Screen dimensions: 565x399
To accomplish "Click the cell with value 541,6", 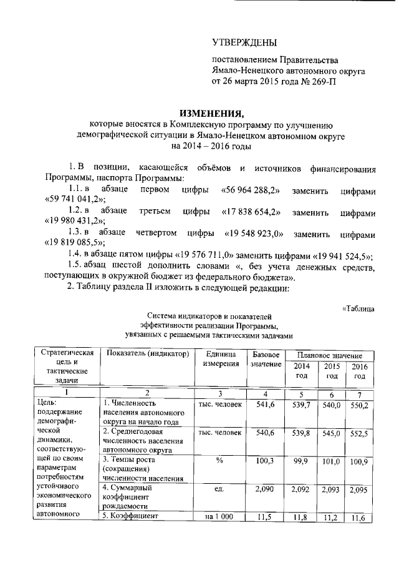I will [266, 405].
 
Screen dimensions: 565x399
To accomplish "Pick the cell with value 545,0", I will [332, 433].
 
